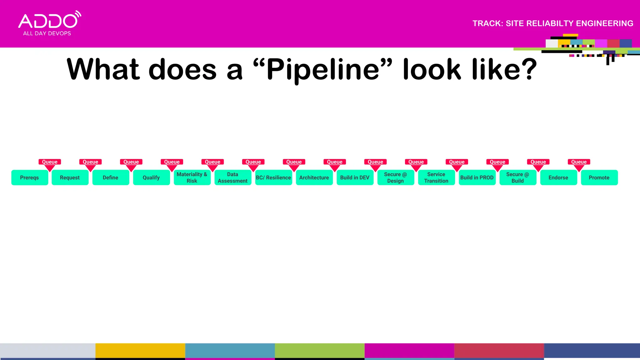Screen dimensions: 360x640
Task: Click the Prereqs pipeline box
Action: click(x=30, y=177)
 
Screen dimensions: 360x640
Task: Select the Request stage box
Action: click(x=70, y=177)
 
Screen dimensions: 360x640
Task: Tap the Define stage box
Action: click(x=111, y=177)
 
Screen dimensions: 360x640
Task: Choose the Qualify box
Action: click(x=151, y=177)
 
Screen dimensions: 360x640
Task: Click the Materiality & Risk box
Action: click(x=192, y=177)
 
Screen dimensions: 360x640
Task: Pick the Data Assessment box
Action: click(x=232, y=177)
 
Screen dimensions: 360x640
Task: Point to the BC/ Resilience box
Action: click(x=273, y=177)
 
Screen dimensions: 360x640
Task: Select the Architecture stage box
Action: click(x=314, y=177)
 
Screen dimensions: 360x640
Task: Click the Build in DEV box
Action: click(x=355, y=177)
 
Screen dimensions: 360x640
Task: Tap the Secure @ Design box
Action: click(x=396, y=177)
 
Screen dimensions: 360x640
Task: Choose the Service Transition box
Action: click(x=436, y=177)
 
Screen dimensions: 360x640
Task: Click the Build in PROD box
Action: click(x=477, y=177)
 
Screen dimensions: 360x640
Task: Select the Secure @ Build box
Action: click(x=518, y=177)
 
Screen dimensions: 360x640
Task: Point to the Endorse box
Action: click(x=558, y=177)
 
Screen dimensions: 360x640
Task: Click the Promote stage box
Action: click(x=599, y=177)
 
